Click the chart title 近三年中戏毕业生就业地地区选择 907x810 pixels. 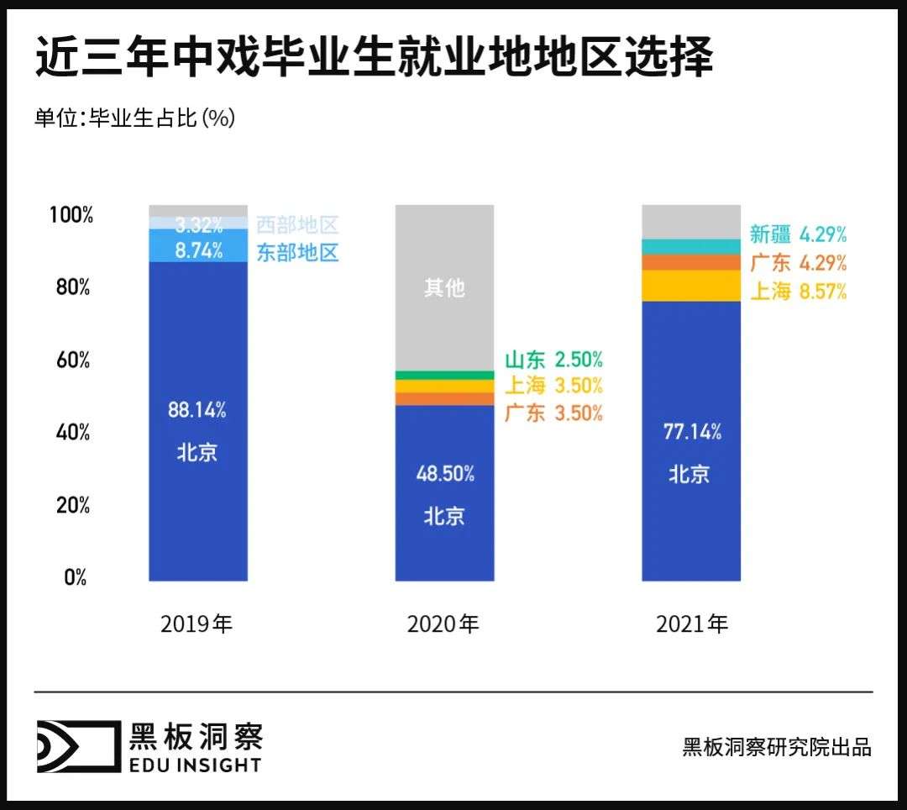pyautogui.click(x=374, y=58)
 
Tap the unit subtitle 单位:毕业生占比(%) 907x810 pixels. pyautogui.click(x=134, y=118)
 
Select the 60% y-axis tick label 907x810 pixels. pyautogui.click(x=73, y=360)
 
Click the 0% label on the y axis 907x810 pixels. pyautogui.click(x=76, y=578)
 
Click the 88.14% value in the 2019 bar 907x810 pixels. pyautogui.click(x=197, y=411)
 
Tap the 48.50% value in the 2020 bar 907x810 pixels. pyautogui.click(x=445, y=473)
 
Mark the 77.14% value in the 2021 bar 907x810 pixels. pyautogui.click(x=692, y=433)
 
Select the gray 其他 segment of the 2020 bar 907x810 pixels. pyautogui.click(x=445, y=288)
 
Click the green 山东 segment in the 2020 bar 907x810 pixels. pyautogui.click(x=445, y=375)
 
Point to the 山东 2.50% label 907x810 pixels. pyautogui.click(x=553, y=360)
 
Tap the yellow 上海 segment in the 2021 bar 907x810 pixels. pyautogui.click(x=691, y=286)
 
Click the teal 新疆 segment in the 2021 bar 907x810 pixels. pyautogui.click(x=691, y=246)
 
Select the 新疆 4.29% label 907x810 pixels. pyautogui.click(x=798, y=234)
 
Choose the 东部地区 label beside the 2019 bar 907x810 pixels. pyautogui.click(x=297, y=252)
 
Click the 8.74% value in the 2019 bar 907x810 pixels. pyautogui.click(x=198, y=250)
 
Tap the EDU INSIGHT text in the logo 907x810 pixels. pyautogui.click(x=195, y=764)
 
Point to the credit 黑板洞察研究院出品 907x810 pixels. pyautogui.click(x=777, y=746)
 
